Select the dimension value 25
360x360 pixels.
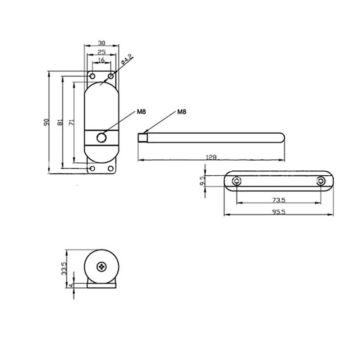click(x=101, y=52)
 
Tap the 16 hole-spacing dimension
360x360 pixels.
click(x=101, y=60)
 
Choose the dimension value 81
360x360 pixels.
click(x=59, y=122)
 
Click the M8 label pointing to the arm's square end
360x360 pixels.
click(x=182, y=112)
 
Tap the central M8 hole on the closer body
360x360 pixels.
click(x=102, y=138)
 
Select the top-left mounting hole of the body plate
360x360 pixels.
click(x=92, y=76)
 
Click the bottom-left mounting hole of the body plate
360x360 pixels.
click(x=92, y=168)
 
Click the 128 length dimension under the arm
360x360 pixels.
click(x=212, y=157)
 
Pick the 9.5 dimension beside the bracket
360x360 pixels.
click(x=202, y=180)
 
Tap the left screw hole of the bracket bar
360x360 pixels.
click(x=237, y=181)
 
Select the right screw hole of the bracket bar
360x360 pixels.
click(x=320, y=181)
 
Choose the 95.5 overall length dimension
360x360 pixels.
click(x=279, y=212)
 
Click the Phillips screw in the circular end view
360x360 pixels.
click(x=102, y=267)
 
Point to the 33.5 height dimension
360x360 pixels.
click(x=64, y=268)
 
